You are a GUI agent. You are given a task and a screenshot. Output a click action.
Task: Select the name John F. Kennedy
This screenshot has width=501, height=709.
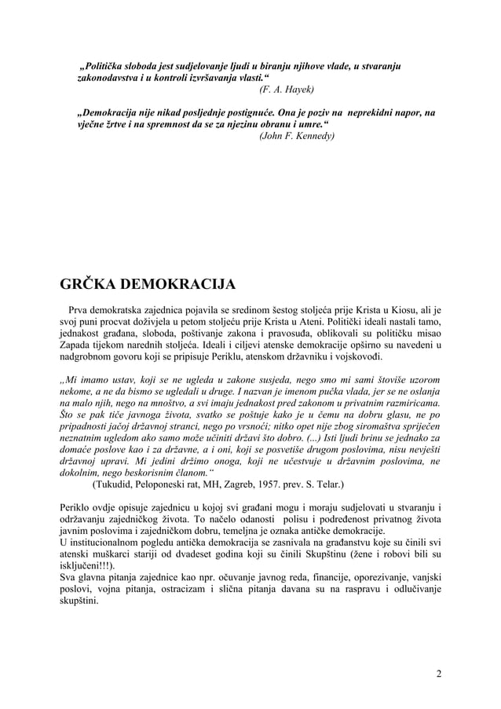tap(298, 135)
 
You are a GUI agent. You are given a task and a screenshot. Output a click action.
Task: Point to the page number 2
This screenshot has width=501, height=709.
tap(438, 673)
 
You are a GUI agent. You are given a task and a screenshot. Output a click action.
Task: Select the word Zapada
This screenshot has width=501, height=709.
tap(79, 345)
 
